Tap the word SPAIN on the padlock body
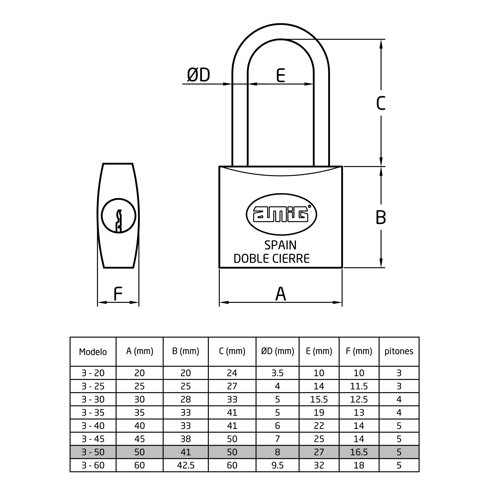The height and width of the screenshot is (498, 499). (281, 245)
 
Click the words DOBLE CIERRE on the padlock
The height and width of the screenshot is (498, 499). (271, 259)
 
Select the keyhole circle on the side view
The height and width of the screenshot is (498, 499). (119, 199)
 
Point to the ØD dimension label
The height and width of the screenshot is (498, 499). (198, 75)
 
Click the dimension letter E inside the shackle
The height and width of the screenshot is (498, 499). (281, 75)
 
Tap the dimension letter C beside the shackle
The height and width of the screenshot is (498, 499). (381, 103)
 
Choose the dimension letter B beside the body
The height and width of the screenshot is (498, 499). (381, 217)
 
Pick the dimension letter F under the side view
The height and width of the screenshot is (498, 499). (118, 294)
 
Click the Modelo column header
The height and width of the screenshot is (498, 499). (93, 352)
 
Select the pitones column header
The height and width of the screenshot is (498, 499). (399, 351)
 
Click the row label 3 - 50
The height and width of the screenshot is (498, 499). (93, 452)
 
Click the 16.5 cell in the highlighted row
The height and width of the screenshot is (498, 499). (359, 452)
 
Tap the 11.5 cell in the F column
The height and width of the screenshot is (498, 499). (359, 386)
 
